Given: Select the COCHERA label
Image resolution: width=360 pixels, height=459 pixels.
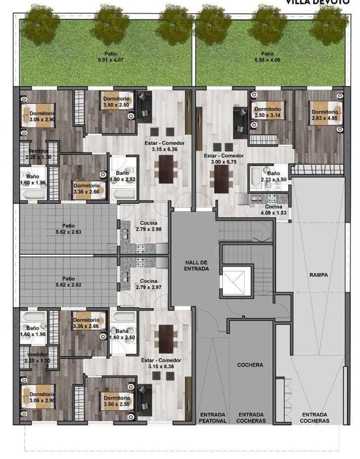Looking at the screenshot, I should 250,365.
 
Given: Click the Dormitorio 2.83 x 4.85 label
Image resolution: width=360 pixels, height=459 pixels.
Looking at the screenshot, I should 325,115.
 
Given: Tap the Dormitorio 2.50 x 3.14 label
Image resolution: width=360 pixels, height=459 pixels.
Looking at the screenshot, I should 267,112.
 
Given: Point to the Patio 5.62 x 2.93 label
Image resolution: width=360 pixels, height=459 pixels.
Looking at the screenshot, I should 68,229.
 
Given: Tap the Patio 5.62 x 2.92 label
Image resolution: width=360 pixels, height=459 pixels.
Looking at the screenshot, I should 68,282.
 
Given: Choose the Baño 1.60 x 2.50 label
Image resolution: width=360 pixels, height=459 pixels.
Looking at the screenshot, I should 123,335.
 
